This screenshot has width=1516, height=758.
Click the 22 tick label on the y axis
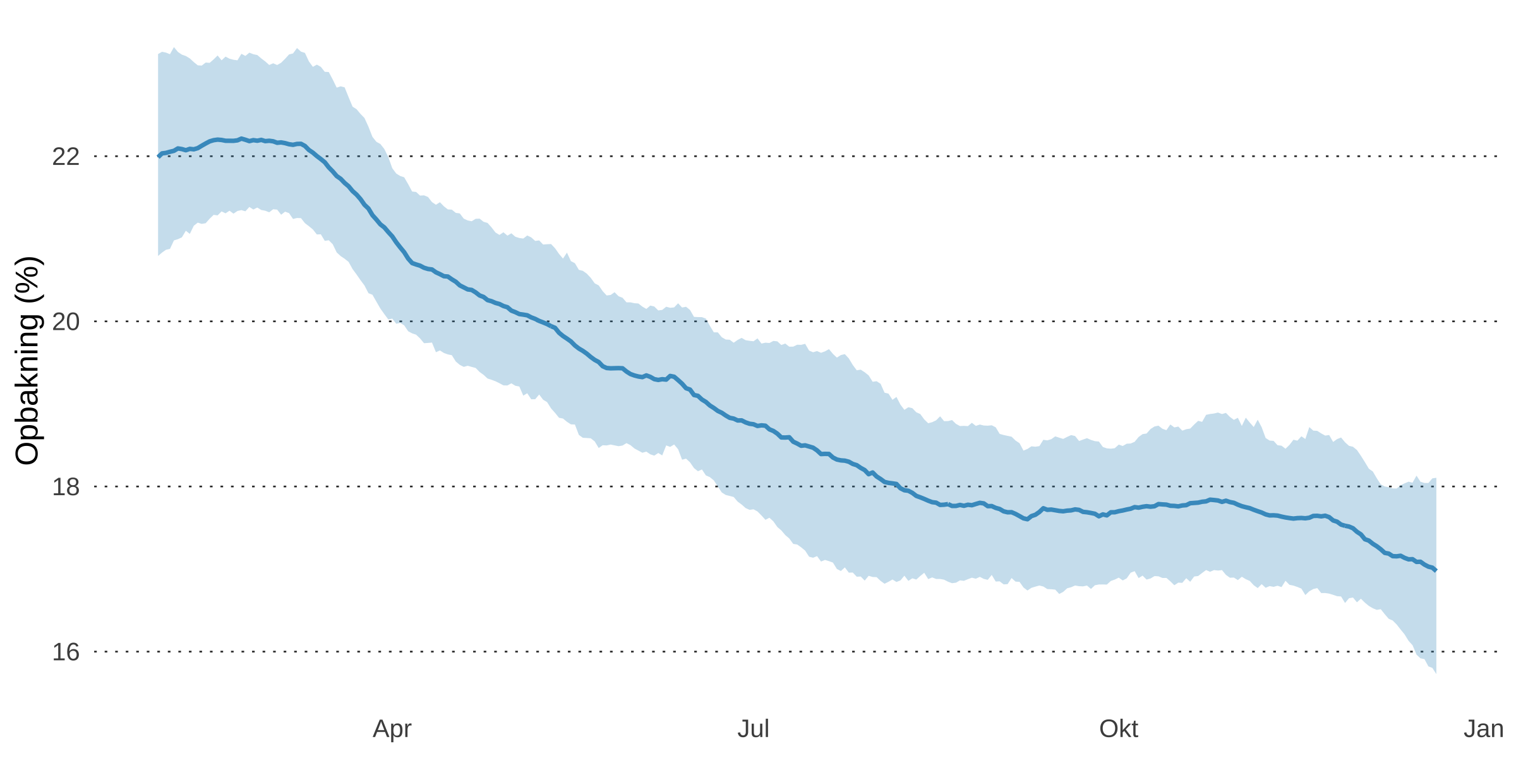point(66,156)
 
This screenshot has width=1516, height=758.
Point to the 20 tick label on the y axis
point(66,322)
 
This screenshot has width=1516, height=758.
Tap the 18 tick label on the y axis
point(66,486)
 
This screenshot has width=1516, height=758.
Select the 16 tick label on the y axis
point(66,651)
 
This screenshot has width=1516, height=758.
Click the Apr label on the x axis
point(392,729)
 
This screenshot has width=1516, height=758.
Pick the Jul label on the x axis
point(753,729)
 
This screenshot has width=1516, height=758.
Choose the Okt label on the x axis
point(1118,729)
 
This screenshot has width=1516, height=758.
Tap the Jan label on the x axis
point(1483,729)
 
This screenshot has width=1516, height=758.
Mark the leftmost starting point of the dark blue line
point(159,156)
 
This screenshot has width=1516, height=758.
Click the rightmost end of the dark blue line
point(1436,570)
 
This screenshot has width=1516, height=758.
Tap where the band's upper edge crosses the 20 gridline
point(706,322)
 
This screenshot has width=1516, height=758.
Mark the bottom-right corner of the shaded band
point(1436,673)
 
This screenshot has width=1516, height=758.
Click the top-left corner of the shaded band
point(159,54)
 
